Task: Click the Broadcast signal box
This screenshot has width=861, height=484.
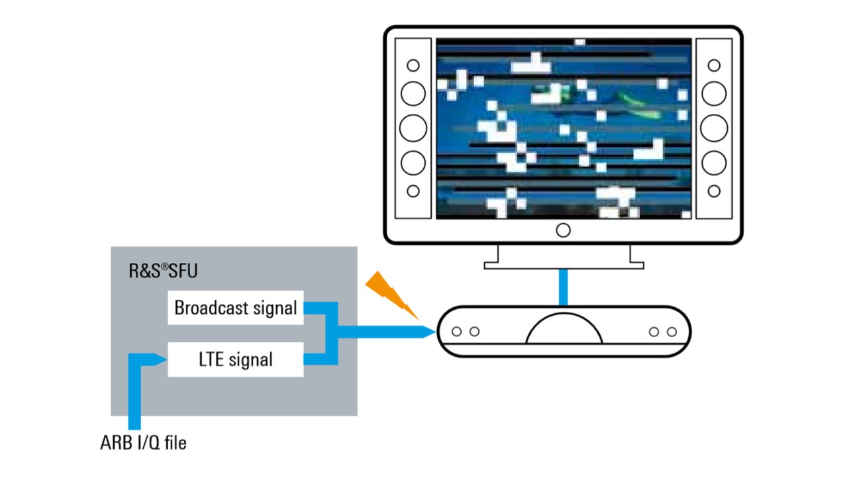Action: click(235, 307)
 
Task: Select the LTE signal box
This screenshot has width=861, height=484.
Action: click(235, 360)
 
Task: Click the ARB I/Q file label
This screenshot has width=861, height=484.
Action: click(143, 442)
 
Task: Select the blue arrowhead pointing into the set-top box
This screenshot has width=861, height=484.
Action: click(427, 332)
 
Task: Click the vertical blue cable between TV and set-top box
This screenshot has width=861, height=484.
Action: click(563, 287)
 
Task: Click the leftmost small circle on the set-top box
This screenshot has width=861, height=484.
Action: click(456, 332)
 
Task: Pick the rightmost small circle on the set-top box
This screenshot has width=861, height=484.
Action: click(672, 332)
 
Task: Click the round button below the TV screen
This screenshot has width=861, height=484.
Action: click(563, 230)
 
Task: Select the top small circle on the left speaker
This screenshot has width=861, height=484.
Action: click(413, 66)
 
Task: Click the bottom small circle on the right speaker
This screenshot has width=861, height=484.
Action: click(714, 191)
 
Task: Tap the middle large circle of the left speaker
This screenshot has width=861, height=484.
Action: click(413, 128)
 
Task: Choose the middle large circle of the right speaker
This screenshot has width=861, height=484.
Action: click(714, 128)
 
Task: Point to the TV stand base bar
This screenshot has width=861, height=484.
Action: click(564, 265)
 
